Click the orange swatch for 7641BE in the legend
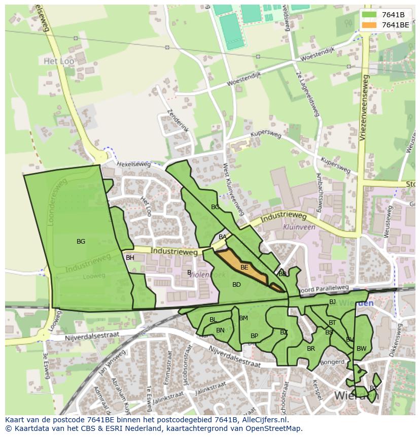pyautogui.click(x=370, y=25)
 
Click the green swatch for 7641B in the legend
pyautogui.click(x=370, y=15)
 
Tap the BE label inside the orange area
pyautogui.click(x=244, y=267)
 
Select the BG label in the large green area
pyautogui.click(x=81, y=242)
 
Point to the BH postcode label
pyautogui.click(x=130, y=258)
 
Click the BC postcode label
pyautogui.click(x=215, y=207)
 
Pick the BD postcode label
pyautogui.click(x=236, y=285)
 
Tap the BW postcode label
pyautogui.click(x=361, y=349)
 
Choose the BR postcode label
pyautogui.click(x=311, y=349)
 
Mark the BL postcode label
pyautogui.click(x=213, y=320)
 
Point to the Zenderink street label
pyautogui.click(x=178, y=121)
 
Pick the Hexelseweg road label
pyautogui.click(x=134, y=164)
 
